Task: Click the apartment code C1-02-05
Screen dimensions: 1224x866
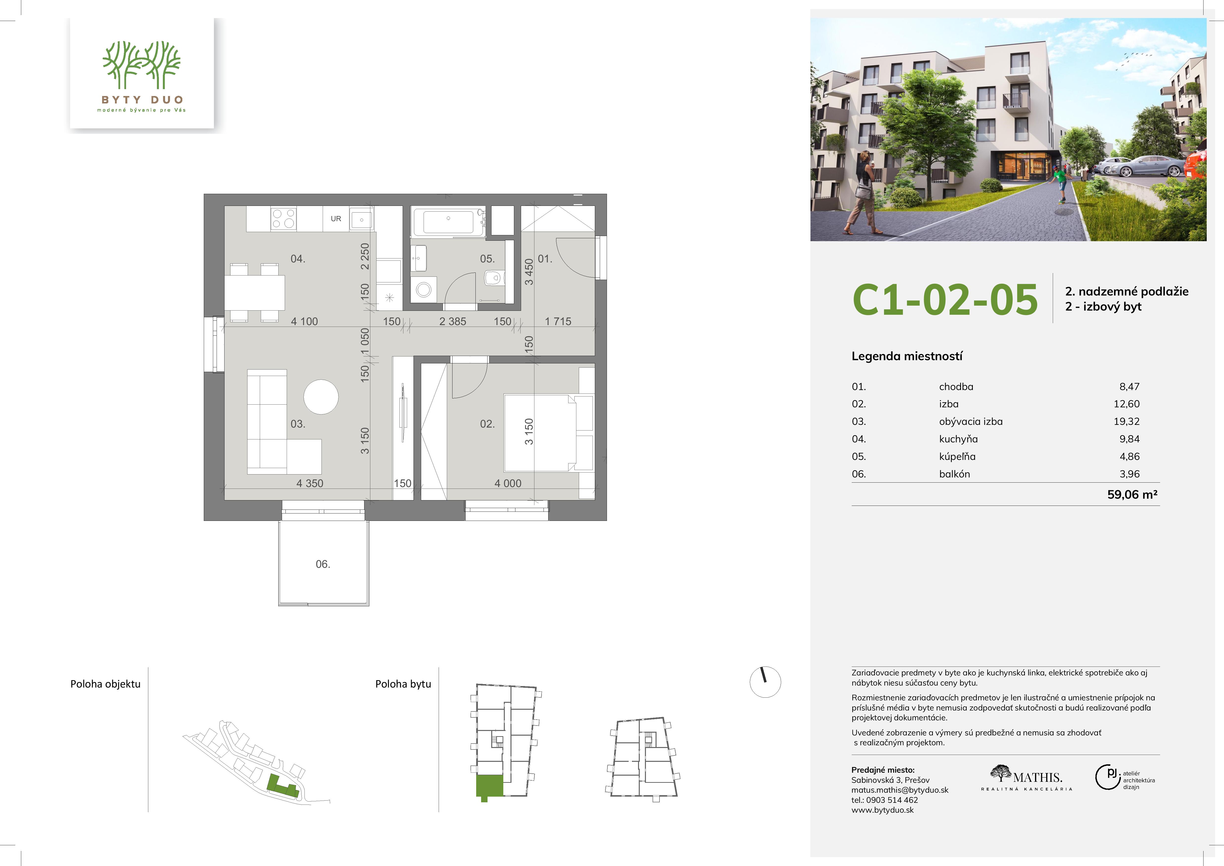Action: pyautogui.click(x=945, y=299)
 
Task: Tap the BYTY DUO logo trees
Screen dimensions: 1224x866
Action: pyautogui.click(x=142, y=65)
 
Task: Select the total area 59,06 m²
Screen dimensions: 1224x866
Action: pyautogui.click(x=1132, y=494)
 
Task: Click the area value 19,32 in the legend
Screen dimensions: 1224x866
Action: pyautogui.click(x=1127, y=421)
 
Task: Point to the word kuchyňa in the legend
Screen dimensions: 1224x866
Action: pyautogui.click(x=959, y=439)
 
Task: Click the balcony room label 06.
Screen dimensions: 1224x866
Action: pyautogui.click(x=323, y=564)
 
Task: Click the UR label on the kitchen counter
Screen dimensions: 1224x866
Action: pyautogui.click(x=336, y=219)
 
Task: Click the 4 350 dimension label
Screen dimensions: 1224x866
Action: pyautogui.click(x=310, y=483)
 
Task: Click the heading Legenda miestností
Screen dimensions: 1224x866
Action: pyautogui.click(x=907, y=356)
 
